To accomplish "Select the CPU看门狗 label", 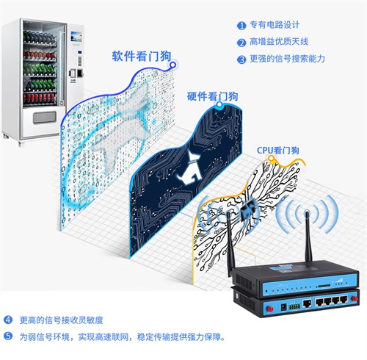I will [278, 150].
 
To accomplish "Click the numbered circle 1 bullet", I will [241, 24].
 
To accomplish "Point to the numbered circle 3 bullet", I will [241, 60].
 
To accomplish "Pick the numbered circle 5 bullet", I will [9, 336].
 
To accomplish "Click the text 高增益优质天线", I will [278, 42].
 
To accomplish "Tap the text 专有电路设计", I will [273, 24].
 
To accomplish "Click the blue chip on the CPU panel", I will [255, 208].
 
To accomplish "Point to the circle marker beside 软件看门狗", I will [172, 65].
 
